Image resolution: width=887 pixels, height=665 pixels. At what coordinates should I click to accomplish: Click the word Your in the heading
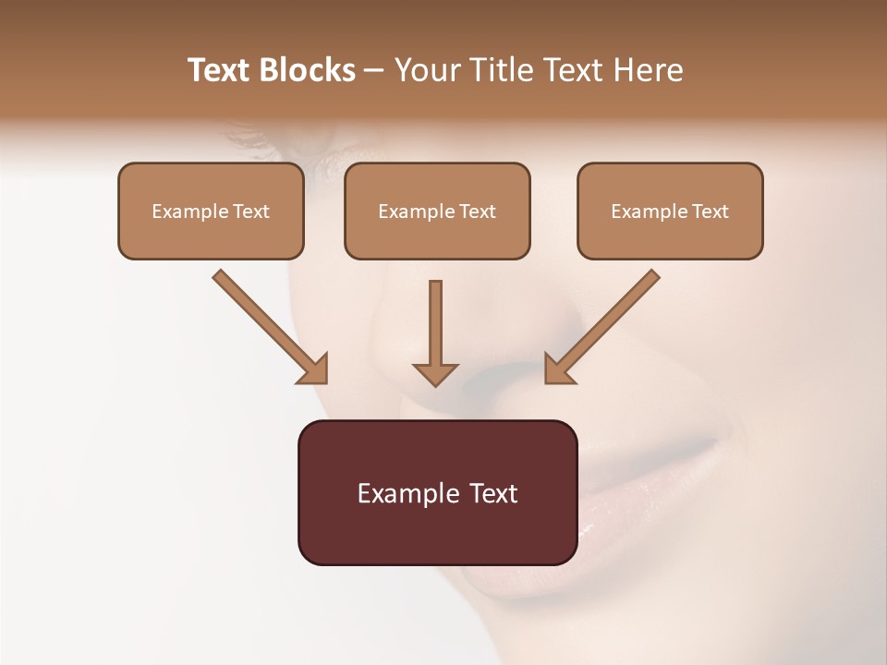pyautogui.click(x=424, y=70)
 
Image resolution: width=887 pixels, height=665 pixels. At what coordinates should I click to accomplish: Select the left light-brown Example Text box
pyautogui.click(x=211, y=212)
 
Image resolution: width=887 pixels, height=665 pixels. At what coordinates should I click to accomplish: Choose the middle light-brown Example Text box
pyautogui.click(x=437, y=212)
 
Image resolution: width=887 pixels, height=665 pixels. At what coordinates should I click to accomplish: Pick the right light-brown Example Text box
pyautogui.click(x=670, y=212)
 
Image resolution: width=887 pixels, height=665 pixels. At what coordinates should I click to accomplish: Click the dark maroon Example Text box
pyautogui.click(x=437, y=493)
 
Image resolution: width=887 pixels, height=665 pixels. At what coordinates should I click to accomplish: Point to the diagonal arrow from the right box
pyautogui.click(x=605, y=323)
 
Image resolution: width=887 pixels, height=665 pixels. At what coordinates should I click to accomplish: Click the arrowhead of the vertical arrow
pyautogui.click(x=435, y=373)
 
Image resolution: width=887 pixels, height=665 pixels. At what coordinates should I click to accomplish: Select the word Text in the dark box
pyautogui.click(x=495, y=494)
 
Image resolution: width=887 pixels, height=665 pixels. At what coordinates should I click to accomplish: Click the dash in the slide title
pyautogui.click(x=374, y=71)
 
